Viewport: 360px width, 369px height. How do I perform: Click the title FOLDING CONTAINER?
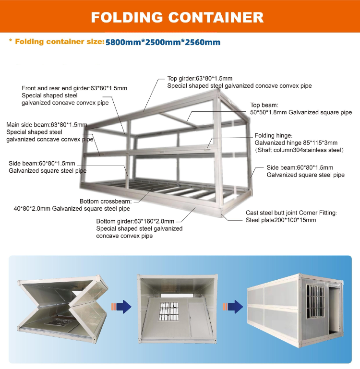pyautogui.click(x=177, y=17)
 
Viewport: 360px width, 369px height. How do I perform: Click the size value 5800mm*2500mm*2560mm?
pyautogui.click(x=163, y=42)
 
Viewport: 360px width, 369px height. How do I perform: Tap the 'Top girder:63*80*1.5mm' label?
pyautogui.click(x=199, y=78)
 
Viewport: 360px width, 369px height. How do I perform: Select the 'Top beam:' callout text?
pyautogui.click(x=264, y=105)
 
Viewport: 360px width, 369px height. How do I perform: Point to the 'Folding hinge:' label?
pyautogui.click(x=273, y=135)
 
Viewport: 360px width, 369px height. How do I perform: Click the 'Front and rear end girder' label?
pyautogui.click(x=74, y=88)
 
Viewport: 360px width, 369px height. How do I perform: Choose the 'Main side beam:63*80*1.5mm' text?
pyautogui.click(x=47, y=125)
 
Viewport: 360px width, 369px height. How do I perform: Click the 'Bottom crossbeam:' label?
pyautogui.click(x=103, y=201)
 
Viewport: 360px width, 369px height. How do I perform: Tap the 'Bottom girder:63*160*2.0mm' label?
pyautogui.click(x=135, y=221)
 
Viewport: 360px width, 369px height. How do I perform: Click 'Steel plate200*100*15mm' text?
pyautogui.click(x=281, y=220)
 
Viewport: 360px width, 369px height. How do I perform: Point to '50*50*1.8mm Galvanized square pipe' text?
pyautogui.click(x=301, y=112)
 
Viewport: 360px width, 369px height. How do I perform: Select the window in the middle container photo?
pyautogui.click(x=169, y=311)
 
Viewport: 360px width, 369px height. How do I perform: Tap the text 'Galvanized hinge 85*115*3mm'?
pyautogui.click(x=296, y=143)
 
